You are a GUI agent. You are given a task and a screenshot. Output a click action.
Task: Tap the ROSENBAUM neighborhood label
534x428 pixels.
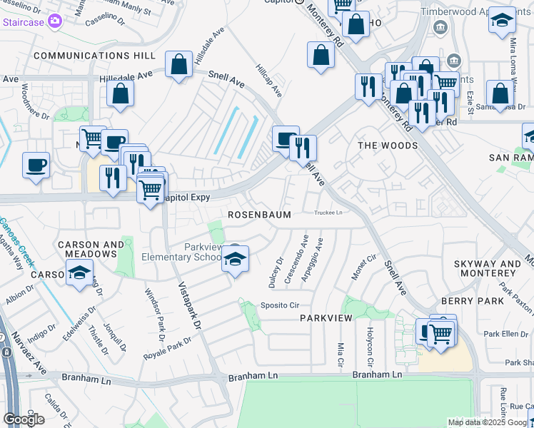[259, 215]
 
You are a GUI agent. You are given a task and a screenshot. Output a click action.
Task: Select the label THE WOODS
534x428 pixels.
[388, 146]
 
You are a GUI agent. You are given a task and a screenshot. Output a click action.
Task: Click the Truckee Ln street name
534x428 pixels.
[329, 213]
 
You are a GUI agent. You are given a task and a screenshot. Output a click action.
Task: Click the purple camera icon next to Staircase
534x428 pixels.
[54, 22]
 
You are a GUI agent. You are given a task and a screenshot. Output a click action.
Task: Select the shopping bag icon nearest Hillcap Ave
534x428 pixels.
[321, 56]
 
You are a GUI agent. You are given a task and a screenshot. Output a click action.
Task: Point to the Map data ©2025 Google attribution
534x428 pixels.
[490, 422]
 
